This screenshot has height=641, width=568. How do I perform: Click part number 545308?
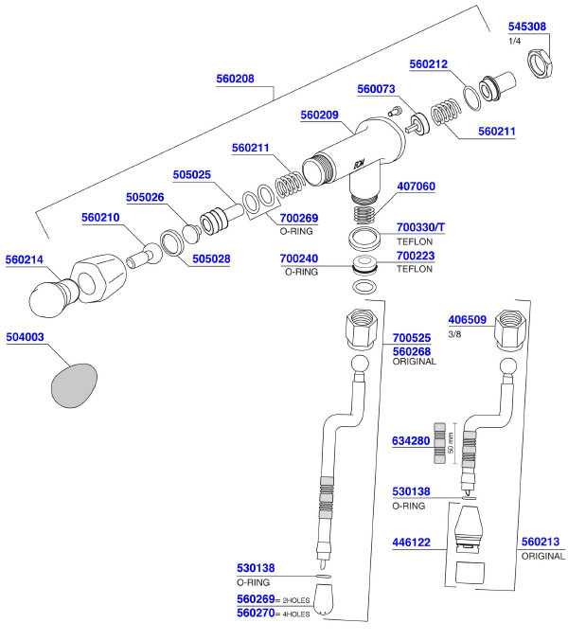[526, 27]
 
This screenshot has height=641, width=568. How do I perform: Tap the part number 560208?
[236, 80]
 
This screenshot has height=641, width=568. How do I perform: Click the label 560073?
[376, 89]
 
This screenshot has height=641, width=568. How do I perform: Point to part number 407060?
[416, 187]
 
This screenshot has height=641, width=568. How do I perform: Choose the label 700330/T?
[420, 228]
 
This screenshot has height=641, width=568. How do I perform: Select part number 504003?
[25, 336]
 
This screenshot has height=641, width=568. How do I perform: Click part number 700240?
[299, 258]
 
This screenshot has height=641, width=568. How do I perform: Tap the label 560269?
[256, 599]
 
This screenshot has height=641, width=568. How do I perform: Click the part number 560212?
[429, 64]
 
